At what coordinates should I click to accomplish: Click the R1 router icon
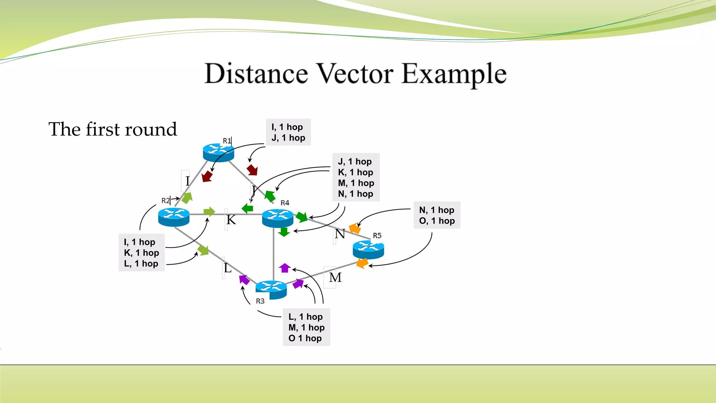pyautogui.click(x=219, y=153)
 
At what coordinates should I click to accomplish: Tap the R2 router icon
pyautogui.click(x=174, y=217)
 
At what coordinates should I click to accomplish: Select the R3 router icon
pyautogui.click(x=271, y=290)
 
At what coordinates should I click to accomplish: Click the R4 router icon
pyautogui.click(x=278, y=218)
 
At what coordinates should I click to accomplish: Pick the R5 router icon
pyautogui.click(x=368, y=250)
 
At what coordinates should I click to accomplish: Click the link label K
pyautogui.click(x=231, y=220)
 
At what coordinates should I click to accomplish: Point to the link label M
pyautogui.click(x=335, y=278)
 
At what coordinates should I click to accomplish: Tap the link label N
pyautogui.click(x=340, y=234)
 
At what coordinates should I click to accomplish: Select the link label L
pyautogui.click(x=228, y=268)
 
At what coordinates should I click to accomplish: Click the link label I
pyautogui.click(x=187, y=181)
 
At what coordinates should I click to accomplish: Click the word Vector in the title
pyautogui.click(x=355, y=74)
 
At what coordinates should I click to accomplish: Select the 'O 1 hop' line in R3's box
pyautogui.click(x=305, y=338)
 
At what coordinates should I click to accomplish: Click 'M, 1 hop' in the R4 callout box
pyautogui.click(x=356, y=183)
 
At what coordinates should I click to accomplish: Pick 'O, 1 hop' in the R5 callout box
pyautogui.click(x=437, y=221)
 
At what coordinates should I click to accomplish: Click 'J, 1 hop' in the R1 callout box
pyautogui.click(x=288, y=138)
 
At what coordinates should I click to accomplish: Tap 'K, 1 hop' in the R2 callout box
pyautogui.click(x=142, y=253)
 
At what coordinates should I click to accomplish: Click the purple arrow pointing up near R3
pyautogui.click(x=285, y=268)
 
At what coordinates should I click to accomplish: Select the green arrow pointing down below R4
pyautogui.click(x=284, y=232)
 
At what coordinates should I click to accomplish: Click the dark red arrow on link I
pyautogui.click(x=207, y=176)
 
